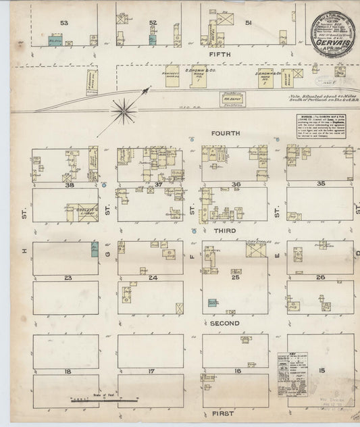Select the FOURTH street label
(x=225, y=134)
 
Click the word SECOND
(x=225, y=324)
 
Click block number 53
(x=64, y=23)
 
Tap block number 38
(x=68, y=184)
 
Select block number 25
(x=236, y=278)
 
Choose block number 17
(x=151, y=372)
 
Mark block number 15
(x=322, y=372)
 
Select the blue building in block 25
(x=213, y=303)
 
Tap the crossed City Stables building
(x=256, y=250)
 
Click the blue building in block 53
(x=52, y=41)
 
